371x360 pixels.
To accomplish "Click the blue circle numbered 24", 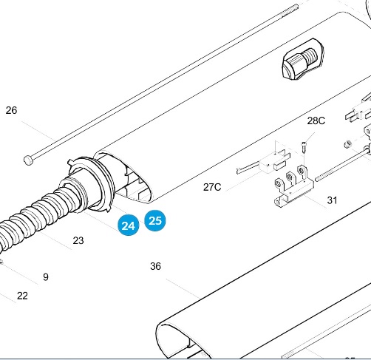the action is click(129, 225).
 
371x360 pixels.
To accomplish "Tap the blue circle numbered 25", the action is click(155, 220).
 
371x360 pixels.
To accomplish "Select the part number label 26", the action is click(11, 110).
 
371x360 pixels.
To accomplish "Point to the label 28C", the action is click(316, 120).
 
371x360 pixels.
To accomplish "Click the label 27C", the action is click(212, 187).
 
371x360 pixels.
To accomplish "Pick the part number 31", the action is click(332, 200).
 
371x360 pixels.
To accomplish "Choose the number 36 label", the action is click(155, 266).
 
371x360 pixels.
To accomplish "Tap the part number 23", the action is click(78, 240).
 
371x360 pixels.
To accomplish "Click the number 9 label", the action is click(46, 277).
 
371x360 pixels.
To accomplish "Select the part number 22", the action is click(22, 296).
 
